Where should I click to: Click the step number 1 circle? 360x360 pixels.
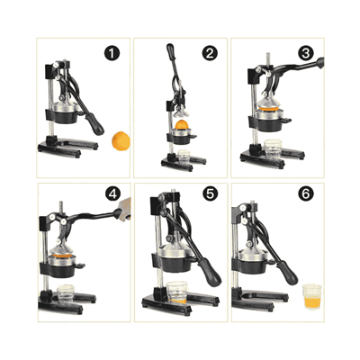(112, 54)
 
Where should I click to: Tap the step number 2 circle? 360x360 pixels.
(210, 54)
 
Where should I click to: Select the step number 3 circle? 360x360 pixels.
(306, 53)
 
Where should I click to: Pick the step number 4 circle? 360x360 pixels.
(113, 194)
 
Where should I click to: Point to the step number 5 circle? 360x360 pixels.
(210, 193)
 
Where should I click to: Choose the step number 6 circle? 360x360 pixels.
(306, 194)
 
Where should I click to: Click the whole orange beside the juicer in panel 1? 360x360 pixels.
(121, 140)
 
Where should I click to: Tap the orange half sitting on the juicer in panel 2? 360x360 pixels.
(182, 124)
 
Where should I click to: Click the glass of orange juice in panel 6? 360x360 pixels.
(312, 297)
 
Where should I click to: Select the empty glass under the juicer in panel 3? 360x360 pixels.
(273, 148)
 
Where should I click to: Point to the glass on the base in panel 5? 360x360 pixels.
(177, 292)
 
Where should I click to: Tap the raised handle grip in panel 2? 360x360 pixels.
(170, 51)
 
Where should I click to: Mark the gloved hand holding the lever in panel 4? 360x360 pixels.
(124, 209)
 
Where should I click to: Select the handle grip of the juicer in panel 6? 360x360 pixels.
(287, 273)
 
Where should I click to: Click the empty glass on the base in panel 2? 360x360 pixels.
(184, 156)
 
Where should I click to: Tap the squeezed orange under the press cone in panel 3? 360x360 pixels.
(270, 108)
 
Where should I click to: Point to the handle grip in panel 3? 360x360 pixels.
(320, 63)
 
